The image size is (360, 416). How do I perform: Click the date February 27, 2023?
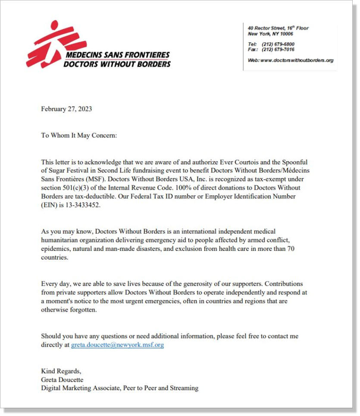pyautogui.click(x=66, y=109)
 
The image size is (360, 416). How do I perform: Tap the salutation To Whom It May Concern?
pyautogui.click(x=79, y=135)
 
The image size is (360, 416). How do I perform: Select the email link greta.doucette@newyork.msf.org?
pyautogui.click(x=117, y=345)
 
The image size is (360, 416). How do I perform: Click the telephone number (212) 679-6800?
pyautogui.click(x=278, y=44)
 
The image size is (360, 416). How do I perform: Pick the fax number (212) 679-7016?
pyautogui.click(x=278, y=50)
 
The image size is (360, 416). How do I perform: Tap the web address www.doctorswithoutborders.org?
pyautogui.click(x=297, y=60)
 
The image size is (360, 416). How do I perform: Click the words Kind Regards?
pyautogui.click(x=61, y=371)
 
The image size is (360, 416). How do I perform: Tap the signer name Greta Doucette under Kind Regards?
pyautogui.click(x=62, y=379)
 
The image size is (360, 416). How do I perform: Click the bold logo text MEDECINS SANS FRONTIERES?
pyautogui.click(x=117, y=56)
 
